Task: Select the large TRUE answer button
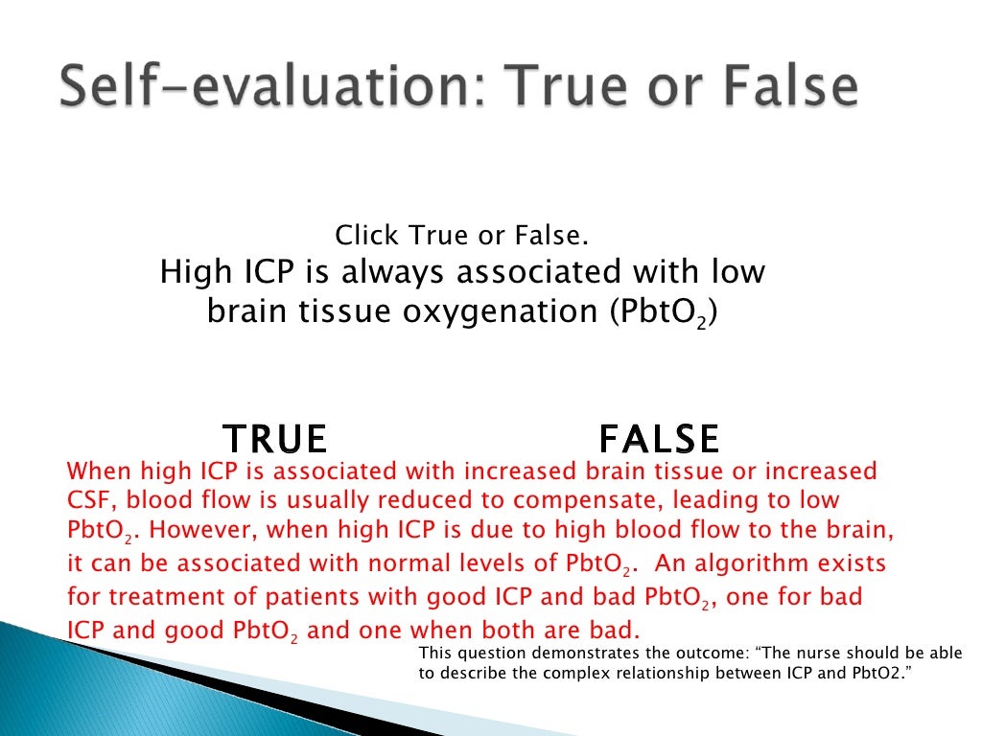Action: (275, 439)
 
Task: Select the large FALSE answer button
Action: (659, 439)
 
